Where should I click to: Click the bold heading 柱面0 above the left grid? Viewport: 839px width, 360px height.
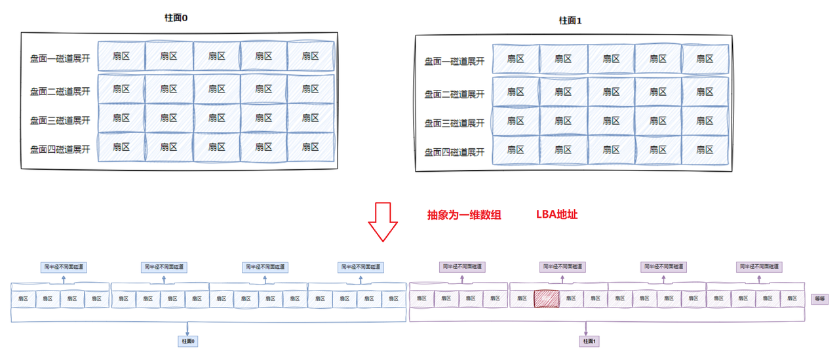coord(176,18)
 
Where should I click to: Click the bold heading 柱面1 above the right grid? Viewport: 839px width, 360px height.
coord(570,20)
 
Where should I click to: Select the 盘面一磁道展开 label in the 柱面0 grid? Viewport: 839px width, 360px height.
coord(60,58)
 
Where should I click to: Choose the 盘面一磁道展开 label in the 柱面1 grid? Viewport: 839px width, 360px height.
coord(454,61)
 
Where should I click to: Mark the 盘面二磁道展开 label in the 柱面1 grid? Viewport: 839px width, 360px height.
coord(454,94)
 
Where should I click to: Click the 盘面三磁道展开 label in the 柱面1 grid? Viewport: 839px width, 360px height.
coord(454,123)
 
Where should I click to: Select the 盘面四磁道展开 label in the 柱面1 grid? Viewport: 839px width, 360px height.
coord(454,152)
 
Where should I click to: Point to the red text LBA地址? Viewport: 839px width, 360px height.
coord(556,214)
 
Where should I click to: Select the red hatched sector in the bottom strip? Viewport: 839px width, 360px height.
coord(546,298)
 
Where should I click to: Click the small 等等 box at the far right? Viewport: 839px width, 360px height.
coord(819,298)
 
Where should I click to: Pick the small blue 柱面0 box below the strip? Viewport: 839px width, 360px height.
coord(189,341)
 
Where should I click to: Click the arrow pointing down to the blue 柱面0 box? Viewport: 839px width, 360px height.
coord(189,329)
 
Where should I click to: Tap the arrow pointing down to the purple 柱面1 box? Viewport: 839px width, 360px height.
coord(587,329)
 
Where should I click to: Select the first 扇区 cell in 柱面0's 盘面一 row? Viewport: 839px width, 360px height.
coord(121,56)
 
